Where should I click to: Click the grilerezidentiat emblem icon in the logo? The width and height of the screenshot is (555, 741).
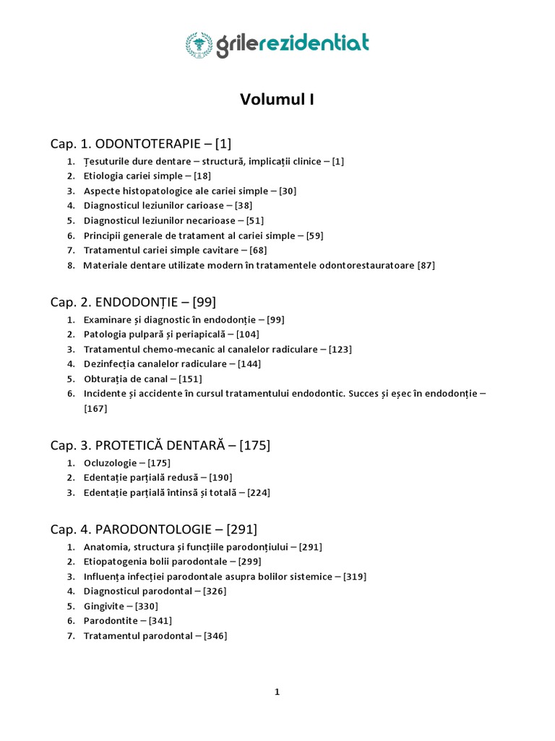[x=199, y=44]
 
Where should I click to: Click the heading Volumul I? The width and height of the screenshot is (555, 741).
[x=277, y=100]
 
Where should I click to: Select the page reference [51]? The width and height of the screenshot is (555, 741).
[x=254, y=221]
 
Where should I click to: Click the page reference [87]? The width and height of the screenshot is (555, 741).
[x=426, y=266]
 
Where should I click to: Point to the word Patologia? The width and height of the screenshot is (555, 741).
[x=104, y=334]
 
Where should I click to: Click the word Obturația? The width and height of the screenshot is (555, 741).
[x=106, y=378]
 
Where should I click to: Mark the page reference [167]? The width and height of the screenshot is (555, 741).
[x=95, y=409]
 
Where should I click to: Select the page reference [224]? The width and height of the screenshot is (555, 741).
[x=259, y=493]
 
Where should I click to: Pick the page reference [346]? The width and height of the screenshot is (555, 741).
[x=215, y=636]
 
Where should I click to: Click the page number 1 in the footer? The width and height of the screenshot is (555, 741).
[x=277, y=693]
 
